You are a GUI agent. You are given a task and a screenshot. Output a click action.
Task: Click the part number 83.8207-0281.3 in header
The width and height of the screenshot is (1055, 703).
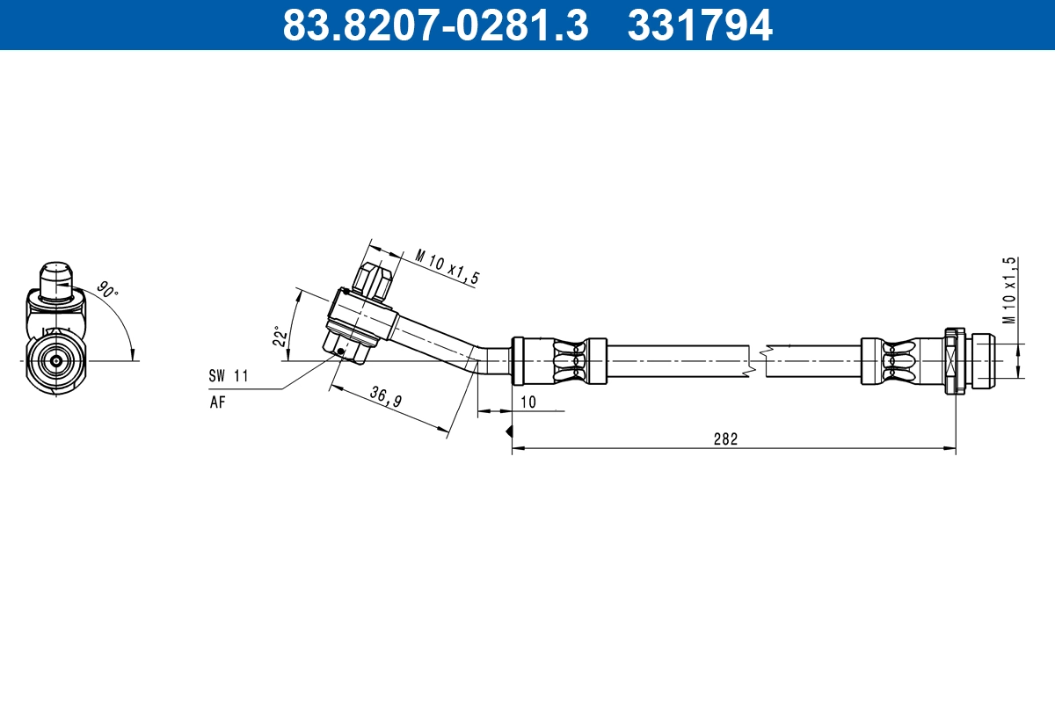pyautogui.click(x=434, y=25)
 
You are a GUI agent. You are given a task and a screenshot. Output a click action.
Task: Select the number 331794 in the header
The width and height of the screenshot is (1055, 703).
pyautogui.click(x=699, y=25)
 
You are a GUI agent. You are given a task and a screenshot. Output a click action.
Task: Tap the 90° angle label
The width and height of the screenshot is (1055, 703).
pyautogui.click(x=107, y=290)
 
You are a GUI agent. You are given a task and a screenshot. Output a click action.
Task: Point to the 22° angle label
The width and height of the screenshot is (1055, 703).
pyautogui.click(x=280, y=337)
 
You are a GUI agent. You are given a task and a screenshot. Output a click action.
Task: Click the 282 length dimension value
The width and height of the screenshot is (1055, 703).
pyautogui.click(x=725, y=438)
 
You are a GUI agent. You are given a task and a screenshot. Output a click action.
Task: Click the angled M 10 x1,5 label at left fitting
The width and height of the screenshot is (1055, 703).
pyautogui.click(x=447, y=267)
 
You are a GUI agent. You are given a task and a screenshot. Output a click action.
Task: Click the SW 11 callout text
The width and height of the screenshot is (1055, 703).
pyautogui.click(x=229, y=376)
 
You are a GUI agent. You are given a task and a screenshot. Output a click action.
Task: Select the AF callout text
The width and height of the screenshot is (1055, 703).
pyautogui.click(x=217, y=402)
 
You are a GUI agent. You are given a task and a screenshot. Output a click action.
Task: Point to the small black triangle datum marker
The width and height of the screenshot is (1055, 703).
pyautogui.click(x=508, y=431)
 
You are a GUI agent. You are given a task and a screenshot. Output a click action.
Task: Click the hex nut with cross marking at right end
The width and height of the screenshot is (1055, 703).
pyautogui.click(x=954, y=360)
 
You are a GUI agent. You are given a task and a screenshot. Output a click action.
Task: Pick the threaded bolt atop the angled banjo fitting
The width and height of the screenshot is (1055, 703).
pyautogui.click(x=372, y=279)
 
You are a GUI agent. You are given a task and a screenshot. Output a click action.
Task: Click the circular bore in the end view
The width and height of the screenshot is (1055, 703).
pyautogui.click(x=56, y=360)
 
